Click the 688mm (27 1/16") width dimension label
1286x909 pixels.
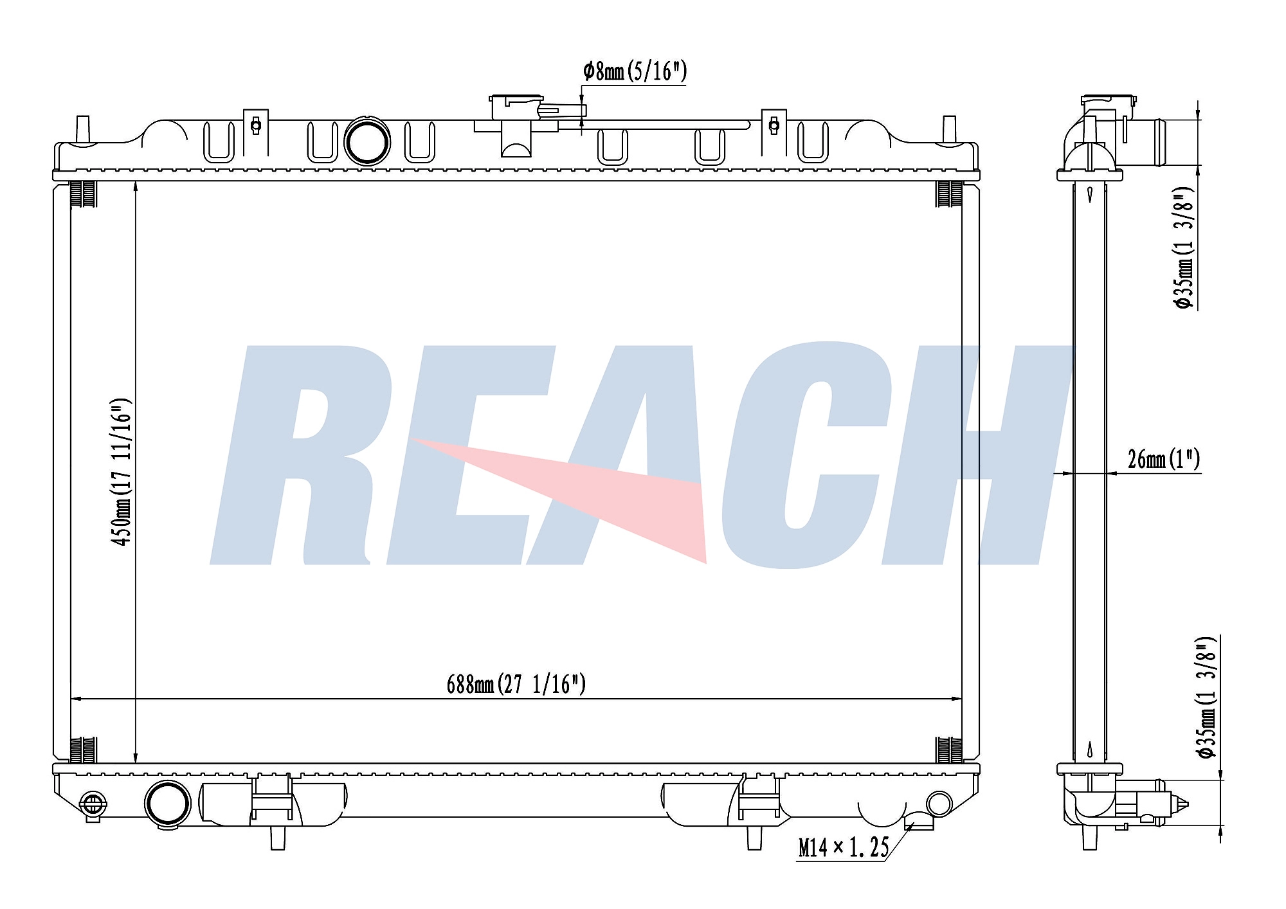[516, 684]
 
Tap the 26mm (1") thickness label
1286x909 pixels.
[1164, 459]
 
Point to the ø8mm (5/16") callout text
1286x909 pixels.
[635, 71]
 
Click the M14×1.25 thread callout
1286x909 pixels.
[843, 848]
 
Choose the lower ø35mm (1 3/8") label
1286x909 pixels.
[1207, 697]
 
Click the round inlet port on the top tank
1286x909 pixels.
[367, 142]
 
